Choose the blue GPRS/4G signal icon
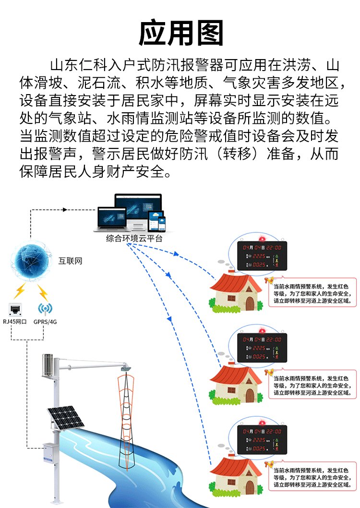coord(45,308)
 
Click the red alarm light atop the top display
coord(262,239)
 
